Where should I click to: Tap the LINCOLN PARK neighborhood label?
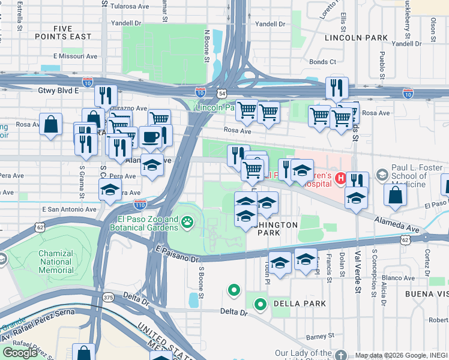(356, 37)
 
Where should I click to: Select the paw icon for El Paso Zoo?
(188, 223)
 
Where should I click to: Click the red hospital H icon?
(340, 178)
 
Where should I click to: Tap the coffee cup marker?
(150, 137)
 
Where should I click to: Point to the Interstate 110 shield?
(140, 204)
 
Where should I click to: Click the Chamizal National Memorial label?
(56, 262)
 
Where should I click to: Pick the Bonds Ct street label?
(322, 61)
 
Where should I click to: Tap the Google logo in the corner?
(20, 352)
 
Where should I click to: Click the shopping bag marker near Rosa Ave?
(51, 125)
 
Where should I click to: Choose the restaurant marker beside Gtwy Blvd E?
(105, 95)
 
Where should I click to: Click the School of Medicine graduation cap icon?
(381, 175)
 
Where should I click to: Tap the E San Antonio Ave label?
(69, 209)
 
